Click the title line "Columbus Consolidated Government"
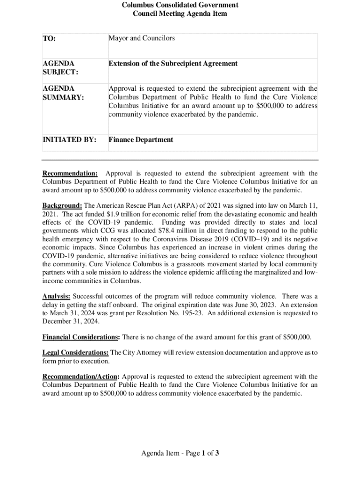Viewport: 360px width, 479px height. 180,5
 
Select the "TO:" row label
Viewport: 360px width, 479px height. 49,39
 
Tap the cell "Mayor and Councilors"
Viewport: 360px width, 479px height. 142,38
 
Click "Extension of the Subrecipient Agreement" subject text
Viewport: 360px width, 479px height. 173,64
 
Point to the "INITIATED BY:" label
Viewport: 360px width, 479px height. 70,139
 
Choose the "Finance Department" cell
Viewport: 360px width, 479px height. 141,139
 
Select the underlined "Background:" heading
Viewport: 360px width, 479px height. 62,205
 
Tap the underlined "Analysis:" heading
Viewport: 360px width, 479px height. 57,296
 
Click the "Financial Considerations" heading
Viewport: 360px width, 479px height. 80,337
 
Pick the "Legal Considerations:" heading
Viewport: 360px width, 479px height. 76,353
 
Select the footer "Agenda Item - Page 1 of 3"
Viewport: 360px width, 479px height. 180,453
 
